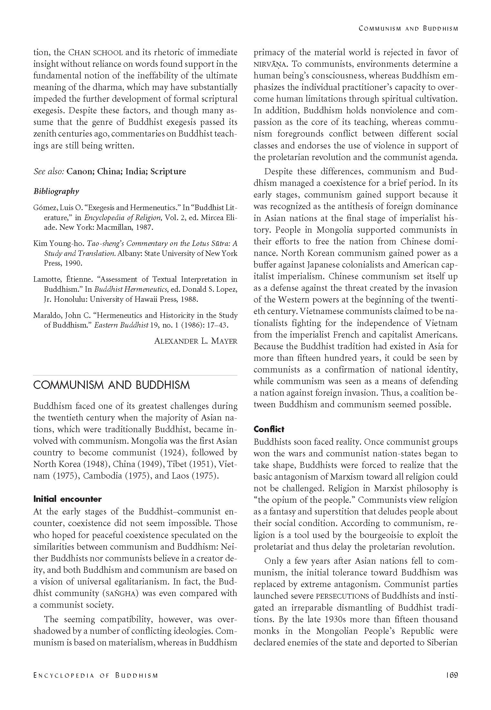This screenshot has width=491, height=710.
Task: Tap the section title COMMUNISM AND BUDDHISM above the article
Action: click(112, 385)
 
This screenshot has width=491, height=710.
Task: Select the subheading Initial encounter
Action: click(67, 499)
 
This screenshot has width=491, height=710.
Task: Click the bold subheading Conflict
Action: click(269, 429)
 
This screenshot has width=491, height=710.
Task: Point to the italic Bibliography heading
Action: click(56, 191)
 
